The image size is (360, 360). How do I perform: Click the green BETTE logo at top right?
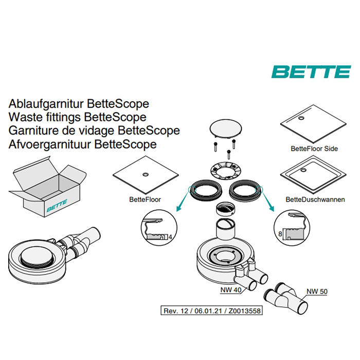(311, 72)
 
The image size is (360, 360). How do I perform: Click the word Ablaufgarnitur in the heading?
(46, 104)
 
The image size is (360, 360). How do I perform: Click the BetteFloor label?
(145, 200)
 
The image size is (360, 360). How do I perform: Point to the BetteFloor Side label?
(314, 149)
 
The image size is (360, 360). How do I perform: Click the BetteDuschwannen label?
(315, 200)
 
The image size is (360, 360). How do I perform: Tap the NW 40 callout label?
(230, 290)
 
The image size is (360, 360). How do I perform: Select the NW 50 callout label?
(317, 292)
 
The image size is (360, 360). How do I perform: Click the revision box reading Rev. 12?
(211, 311)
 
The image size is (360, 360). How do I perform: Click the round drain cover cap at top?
(225, 129)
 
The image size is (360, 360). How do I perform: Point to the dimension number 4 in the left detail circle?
(170, 237)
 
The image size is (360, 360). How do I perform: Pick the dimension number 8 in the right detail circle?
(280, 233)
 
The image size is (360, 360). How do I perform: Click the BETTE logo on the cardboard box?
(57, 206)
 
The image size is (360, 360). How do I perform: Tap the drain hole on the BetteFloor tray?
(146, 174)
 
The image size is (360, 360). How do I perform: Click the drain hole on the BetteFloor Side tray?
(301, 118)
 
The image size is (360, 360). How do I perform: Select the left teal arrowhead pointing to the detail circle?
(178, 208)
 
